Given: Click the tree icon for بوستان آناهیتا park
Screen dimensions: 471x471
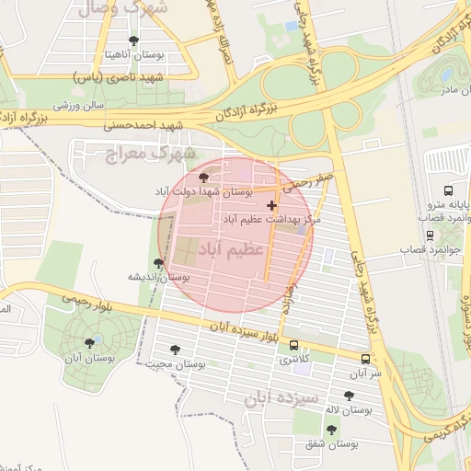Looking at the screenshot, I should pos(134,40).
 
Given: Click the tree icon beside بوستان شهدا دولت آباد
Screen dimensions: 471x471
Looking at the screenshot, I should pos(203,178).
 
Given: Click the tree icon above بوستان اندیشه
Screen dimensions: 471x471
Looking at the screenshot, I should pos(159,263).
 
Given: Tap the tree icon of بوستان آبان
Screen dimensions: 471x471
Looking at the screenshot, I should pos(89,342).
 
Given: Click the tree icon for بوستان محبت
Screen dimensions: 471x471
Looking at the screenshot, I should pos(176,350).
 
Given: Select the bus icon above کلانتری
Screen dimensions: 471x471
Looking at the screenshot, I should pos(293,345).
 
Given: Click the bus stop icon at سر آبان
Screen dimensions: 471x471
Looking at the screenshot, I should pos(366,359).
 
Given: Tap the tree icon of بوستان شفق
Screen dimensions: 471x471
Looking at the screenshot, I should pos(331,429).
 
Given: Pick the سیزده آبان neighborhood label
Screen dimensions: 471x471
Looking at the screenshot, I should pos(282,398).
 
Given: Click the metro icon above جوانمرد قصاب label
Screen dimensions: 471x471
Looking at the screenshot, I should pos(430,236).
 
